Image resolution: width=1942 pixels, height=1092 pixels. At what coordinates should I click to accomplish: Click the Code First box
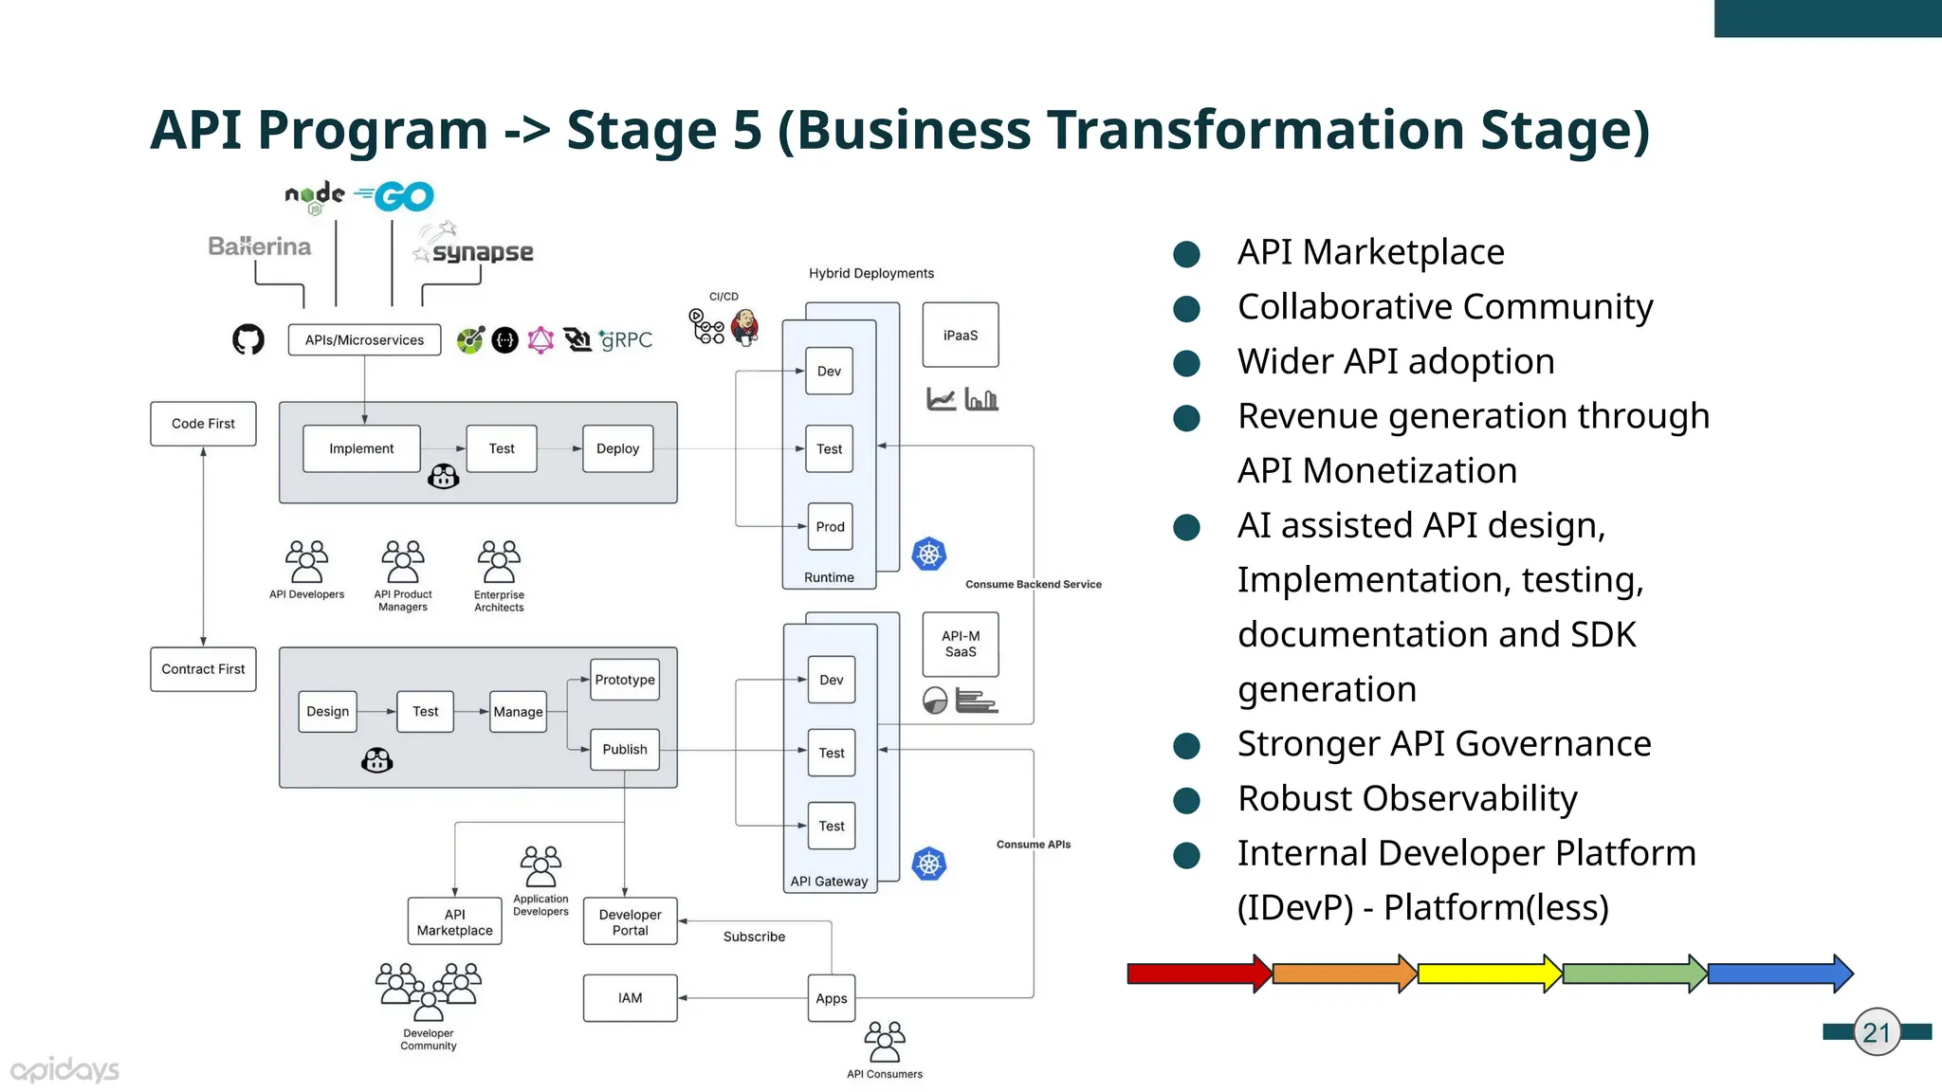[x=203, y=424]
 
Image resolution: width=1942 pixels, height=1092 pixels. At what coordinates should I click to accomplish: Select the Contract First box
[x=203, y=669]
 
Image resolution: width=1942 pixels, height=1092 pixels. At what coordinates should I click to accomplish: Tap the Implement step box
[x=361, y=448]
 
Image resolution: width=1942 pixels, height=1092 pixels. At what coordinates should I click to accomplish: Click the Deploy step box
[x=617, y=448]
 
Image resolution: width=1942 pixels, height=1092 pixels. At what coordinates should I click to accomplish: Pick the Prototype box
[x=624, y=680]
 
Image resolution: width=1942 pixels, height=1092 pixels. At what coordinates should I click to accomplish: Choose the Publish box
[x=624, y=749]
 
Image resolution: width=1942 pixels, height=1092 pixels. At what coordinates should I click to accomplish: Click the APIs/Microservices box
[x=364, y=340]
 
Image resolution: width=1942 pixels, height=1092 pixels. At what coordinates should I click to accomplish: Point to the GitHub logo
[x=248, y=339]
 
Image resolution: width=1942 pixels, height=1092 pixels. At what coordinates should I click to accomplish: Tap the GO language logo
[x=395, y=197]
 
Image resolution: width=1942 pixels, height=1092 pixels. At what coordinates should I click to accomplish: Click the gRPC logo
[x=627, y=339]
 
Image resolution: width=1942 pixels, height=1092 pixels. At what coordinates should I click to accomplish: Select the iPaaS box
[x=960, y=335]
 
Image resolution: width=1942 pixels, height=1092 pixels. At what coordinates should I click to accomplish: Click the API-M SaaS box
[x=960, y=644]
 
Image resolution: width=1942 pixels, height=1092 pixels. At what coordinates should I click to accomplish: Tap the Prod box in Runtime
[x=830, y=526]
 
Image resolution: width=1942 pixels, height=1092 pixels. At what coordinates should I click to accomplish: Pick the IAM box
[x=630, y=998]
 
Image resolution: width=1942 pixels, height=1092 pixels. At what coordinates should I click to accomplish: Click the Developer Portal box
[x=630, y=921]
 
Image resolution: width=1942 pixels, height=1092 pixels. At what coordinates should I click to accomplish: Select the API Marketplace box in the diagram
[x=454, y=921]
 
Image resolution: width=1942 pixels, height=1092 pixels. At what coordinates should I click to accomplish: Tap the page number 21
[x=1877, y=1032]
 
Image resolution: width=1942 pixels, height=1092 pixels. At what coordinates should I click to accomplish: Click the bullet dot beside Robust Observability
[x=1186, y=800]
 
